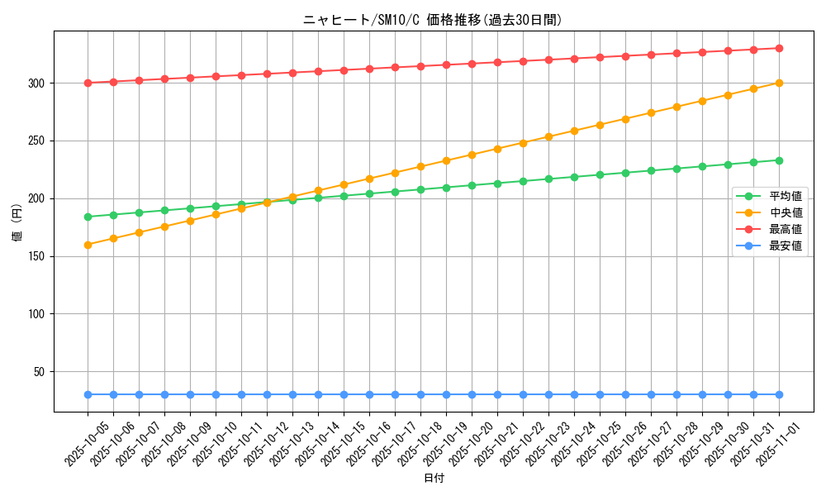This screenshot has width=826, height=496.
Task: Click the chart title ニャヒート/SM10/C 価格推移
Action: [432, 21]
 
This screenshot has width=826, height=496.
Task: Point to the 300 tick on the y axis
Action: [38, 83]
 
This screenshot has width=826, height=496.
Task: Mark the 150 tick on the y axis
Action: [38, 256]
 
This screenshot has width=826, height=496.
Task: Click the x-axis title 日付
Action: [433, 479]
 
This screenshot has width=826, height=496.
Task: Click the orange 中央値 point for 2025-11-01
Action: [779, 83]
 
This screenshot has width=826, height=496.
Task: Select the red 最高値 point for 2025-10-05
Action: [88, 83]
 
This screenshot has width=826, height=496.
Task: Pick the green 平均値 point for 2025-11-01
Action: [779, 160]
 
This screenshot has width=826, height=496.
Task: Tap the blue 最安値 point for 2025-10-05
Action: [88, 394]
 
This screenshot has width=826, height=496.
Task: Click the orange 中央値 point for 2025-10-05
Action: [88, 245]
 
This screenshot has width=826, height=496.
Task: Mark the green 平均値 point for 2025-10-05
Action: [88, 217]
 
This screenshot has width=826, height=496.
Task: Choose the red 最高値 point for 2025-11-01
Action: [779, 48]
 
